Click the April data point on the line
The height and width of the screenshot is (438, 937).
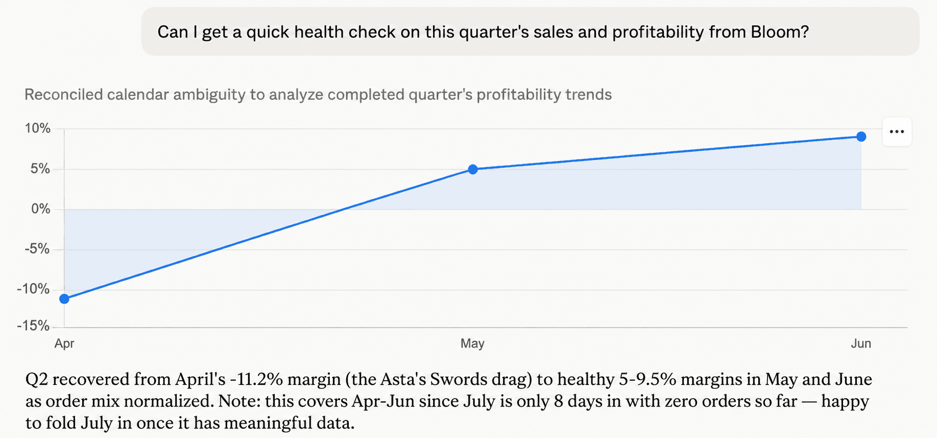click(x=64, y=299)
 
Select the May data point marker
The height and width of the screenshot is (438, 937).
click(x=473, y=169)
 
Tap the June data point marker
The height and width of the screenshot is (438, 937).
click(x=861, y=136)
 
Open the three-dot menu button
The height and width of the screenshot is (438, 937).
click(x=897, y=132)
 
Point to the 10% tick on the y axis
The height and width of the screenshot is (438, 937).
click(x=38, y=128)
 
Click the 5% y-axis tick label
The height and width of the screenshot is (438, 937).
click(x=40, y=169)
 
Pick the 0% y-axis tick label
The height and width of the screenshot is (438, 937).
click(x=41, y=209)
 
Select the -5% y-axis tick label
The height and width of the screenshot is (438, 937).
click(x=37, y=249)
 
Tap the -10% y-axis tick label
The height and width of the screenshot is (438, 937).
click(x=34, y=289)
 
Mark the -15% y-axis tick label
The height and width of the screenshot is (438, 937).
click(x=34, y=326)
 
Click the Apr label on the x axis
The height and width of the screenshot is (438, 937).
click(x=64, y=343)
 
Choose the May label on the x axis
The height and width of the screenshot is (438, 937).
click(x=472, y=343)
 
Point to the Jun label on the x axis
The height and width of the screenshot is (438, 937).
click(x=861, y=343)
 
